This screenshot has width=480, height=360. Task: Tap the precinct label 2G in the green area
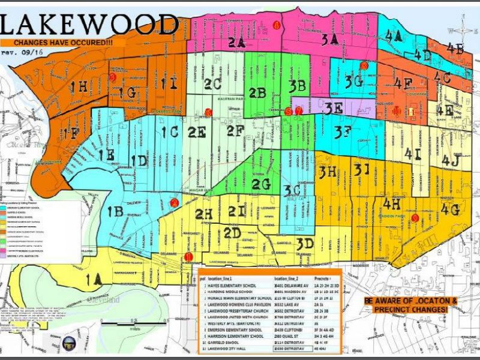(x=261, y=185)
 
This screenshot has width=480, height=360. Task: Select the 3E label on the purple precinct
(x=334, y=108)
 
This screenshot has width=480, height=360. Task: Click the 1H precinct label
(x=79, y=87)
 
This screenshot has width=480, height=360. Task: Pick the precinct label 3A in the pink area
(x=329, y=40)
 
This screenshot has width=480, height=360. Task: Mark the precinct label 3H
(x=331, y=172)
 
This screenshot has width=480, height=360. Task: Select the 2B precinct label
(x=257, y=94)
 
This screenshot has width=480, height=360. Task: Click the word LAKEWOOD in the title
(x=90, y=24)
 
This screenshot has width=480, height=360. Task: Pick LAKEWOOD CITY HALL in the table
(x=237, y=347)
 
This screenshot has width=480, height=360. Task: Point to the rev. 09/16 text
(x=16, y=53)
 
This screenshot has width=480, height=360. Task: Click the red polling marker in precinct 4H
(x=415, y=218)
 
